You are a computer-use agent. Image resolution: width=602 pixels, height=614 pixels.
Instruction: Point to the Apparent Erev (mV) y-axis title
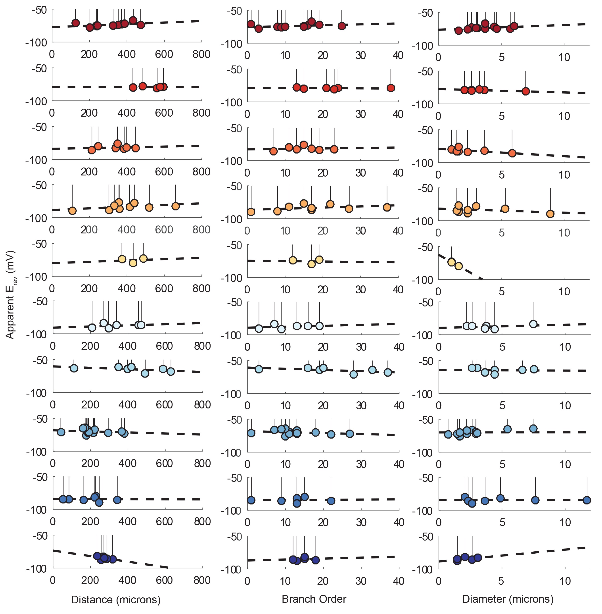pyautogui.click(x=10, y=294)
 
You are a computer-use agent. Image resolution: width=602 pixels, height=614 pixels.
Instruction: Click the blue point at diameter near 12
pyautogui.click(x=587, y=500)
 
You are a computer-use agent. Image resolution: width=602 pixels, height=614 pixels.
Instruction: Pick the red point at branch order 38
pyautogui.click(x=391, y=88)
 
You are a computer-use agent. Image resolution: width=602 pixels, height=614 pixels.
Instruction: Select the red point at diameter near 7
pyautogui.click(x=526, y=91)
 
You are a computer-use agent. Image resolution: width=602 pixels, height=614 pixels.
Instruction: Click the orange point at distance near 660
pyautogui.click(x=175, y=206)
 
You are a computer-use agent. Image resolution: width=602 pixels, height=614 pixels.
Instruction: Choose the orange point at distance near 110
pyautogui.click(x=72, y=211)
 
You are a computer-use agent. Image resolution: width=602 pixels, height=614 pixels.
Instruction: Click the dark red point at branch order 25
pyautogui.click(x=341, y=26)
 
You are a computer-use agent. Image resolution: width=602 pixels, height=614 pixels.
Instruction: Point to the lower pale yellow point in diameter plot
pyautogui.click(x=458, y=266)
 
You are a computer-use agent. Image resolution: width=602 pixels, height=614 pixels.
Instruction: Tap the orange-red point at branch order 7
pyautogui.click(x=274, y=151)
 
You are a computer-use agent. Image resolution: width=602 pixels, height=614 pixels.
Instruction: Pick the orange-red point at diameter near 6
pyautogui.click(x=512, y=153)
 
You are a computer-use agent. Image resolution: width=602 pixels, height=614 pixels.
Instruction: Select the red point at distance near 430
pyautogui.click(x=133, y=87)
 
